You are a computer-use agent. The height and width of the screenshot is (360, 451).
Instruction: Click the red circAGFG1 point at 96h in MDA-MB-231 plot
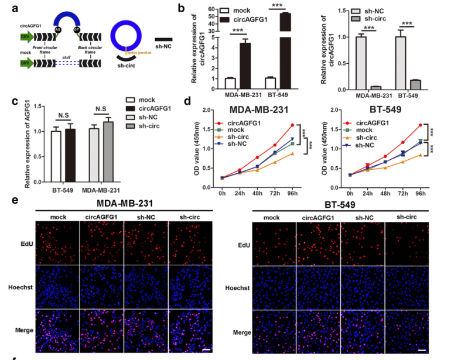(x=292, y=125)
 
